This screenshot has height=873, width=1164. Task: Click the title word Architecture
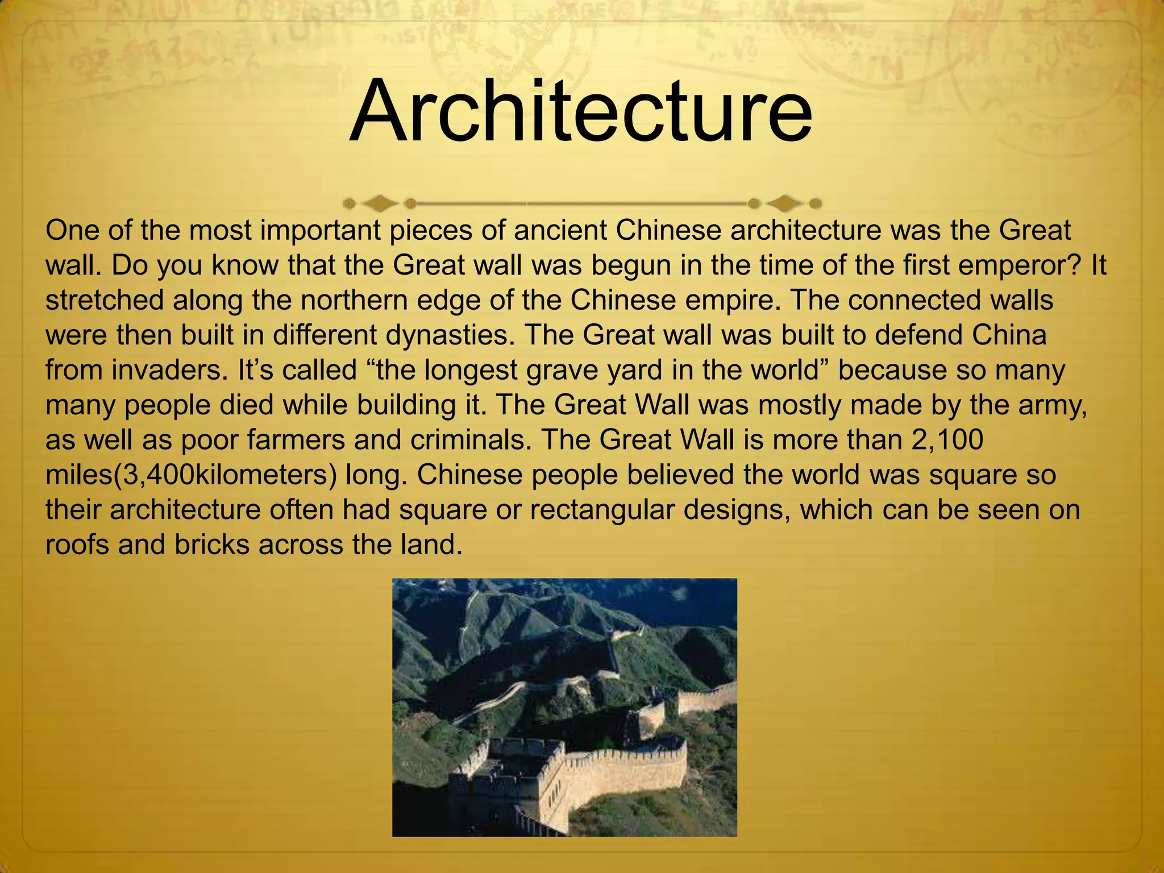pos(580,111)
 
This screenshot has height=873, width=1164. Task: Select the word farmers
pos(296,440)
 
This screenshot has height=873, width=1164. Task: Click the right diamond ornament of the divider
pos(785,203)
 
